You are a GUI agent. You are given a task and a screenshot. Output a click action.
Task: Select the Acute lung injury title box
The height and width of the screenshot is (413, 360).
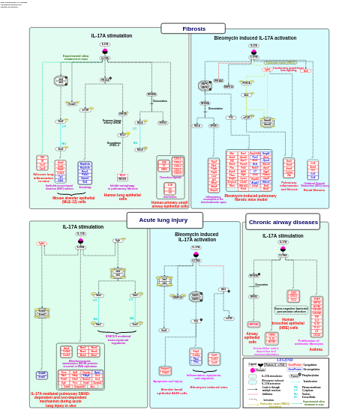coord(164,220)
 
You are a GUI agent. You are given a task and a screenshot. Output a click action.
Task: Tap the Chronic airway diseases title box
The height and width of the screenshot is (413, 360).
coord(283,222)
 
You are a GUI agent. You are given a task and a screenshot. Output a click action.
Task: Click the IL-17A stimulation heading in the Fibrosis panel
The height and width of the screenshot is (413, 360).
coord(111,35)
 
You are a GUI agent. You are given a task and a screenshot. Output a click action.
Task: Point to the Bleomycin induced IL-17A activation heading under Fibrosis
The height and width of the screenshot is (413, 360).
coord(254,37)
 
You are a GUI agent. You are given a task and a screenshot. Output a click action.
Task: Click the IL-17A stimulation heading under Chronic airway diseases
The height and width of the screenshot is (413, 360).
coord(283,235)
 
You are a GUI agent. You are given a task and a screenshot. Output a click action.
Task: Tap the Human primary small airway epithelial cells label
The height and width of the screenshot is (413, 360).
coord(169,203)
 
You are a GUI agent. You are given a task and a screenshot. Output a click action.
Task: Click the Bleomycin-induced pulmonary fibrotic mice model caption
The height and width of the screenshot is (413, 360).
coord(250,197)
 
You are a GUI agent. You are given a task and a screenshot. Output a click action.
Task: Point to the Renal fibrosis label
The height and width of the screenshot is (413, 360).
coord(314,190)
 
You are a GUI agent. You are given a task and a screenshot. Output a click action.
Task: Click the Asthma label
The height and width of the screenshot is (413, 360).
coord(316,349)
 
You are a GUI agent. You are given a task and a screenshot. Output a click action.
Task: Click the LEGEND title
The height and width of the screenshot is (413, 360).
coord(285,360)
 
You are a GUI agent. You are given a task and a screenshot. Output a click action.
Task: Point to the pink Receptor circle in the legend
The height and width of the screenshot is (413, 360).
coord(253,370)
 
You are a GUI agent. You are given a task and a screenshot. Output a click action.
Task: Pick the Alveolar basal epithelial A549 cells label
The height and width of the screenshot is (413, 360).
coord(172,391)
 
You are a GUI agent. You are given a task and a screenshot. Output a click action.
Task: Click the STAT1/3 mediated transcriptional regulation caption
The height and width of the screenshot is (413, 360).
coord(118,340)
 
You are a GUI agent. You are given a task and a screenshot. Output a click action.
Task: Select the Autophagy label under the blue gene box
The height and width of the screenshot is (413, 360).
coord(85,187)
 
